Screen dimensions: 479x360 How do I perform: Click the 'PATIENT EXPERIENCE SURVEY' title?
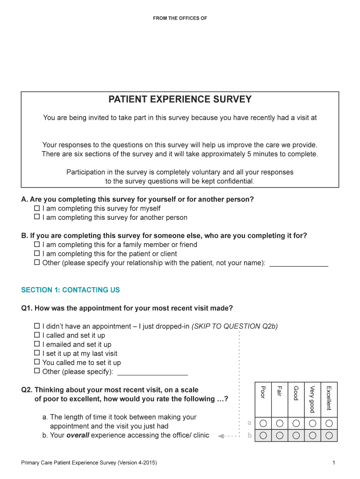coord(180,100)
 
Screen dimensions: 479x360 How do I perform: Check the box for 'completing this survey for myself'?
coord(37,208)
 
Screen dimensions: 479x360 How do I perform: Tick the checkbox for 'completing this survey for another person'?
coord(37,217)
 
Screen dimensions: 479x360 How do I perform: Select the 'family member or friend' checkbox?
coord(37,244)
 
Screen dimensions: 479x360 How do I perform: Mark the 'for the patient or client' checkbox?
coord(37,254)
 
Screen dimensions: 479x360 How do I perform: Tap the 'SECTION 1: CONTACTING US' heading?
coord(71,290)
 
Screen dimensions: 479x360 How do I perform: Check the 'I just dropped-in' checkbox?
coord(37,326)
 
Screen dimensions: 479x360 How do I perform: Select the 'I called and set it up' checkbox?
coord(37,335)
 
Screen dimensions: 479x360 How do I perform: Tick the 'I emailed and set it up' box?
coord(37,344)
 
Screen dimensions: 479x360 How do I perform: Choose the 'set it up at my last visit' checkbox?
coord(37,353)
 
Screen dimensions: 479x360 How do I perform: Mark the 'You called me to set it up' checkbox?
coord(37,362)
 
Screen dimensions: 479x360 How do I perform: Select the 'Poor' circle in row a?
coord(263,423)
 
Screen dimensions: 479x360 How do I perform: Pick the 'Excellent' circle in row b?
coord(329,435)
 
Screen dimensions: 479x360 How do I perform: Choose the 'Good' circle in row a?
coord(296,423)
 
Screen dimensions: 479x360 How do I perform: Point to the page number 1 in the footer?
coord(334,463)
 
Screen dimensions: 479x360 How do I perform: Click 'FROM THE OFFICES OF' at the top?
coord(180,18)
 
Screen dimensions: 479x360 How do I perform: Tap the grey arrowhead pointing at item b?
coord(220,436)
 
